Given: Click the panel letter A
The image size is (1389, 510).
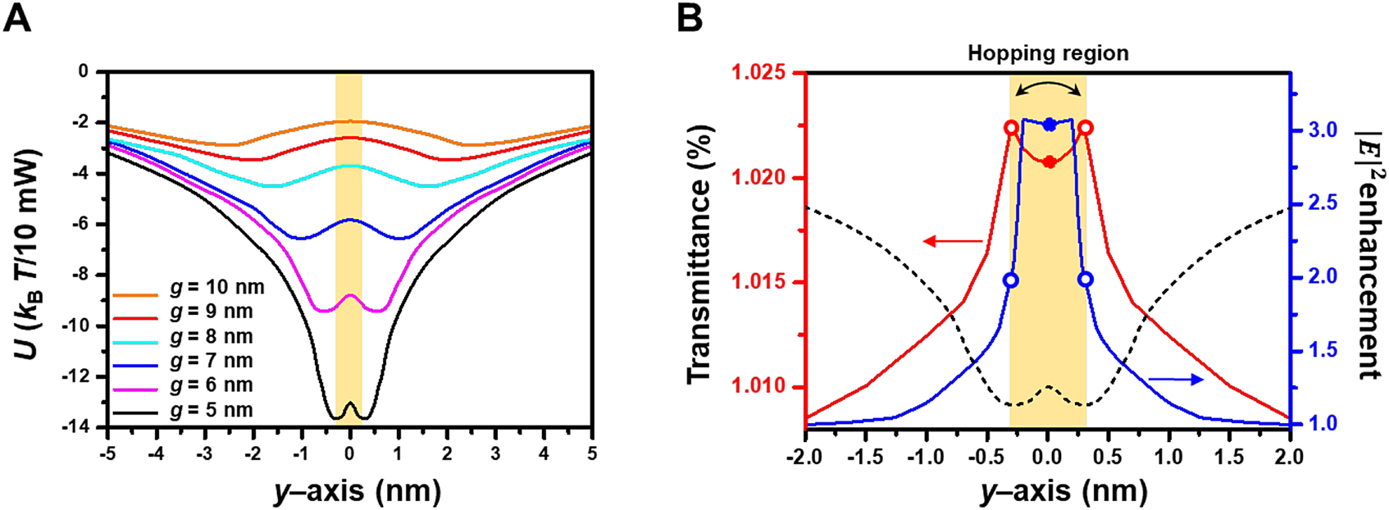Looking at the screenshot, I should click(x=17, y=18).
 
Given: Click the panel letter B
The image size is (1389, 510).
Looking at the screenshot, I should click(x=690, y=18).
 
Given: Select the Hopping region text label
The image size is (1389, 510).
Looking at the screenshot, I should click(x=1048, y=54).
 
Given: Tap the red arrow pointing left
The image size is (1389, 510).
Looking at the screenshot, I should click(x=953, y=241).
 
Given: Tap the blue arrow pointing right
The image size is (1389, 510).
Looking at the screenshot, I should click(x=1176, y=379).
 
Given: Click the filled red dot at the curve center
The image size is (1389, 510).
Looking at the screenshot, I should click(x=1049, y=162).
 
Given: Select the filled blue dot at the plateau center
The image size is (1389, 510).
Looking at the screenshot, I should click(x=1049, y=125).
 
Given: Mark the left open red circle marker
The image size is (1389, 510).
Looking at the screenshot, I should click(x=1012, y=128).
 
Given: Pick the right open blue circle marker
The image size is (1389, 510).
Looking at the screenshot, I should click(x=1085, y=280).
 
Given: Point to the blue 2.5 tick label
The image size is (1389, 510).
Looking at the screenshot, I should click(x=1321, y=203).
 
